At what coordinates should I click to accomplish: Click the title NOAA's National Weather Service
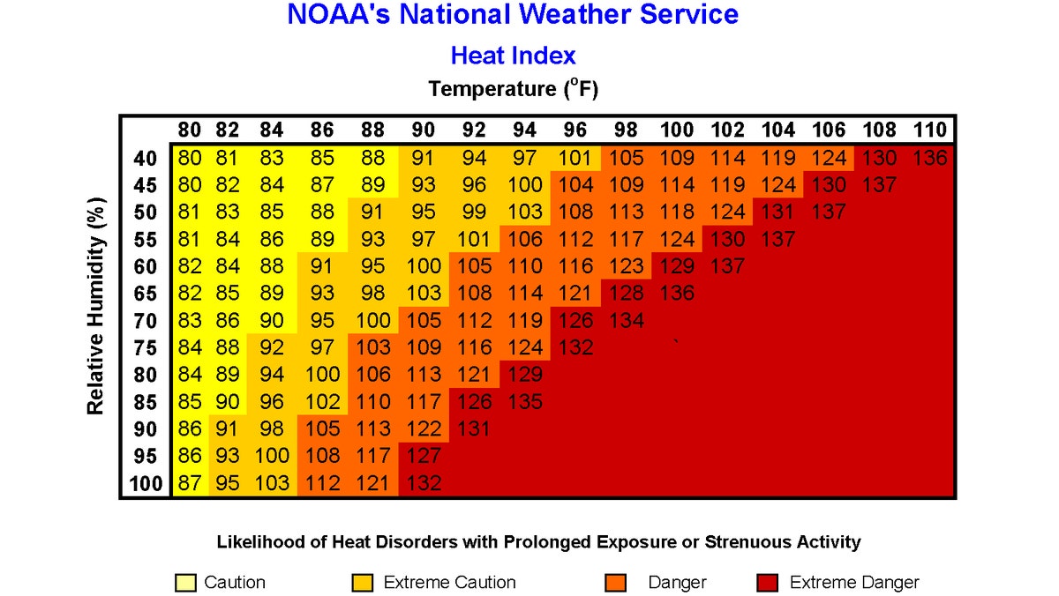pyautogui.click(x=513, y=15)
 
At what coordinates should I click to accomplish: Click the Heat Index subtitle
pyautogui.click(x=513, y=56)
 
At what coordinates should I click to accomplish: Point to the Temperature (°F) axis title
pyautogui.click(x=519, y=89)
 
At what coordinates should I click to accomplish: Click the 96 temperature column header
pyautogui.click(x=575, y=130)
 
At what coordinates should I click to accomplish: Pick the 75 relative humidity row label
pyautogui.click(x=145, y=347)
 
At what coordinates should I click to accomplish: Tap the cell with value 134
pyautogui.click(x=626, y=320)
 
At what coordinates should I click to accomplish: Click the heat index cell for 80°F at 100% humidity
pyautogui.click(x=189, y=483)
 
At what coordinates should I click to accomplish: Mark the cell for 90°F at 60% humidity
pyautogui.click(x=423, y=266)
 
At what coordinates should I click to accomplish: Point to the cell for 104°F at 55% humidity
pyautogui.click(x=777, y=240)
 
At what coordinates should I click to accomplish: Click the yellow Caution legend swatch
pyautogui.click(x=186, y=583)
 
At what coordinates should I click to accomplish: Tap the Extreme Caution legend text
pyautogui.click(x=449, y=583)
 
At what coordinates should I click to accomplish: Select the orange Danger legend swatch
pyautogui.click(x=616, y=583)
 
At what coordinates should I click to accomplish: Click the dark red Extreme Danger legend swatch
pyautogui.click(x=767, y=583)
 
